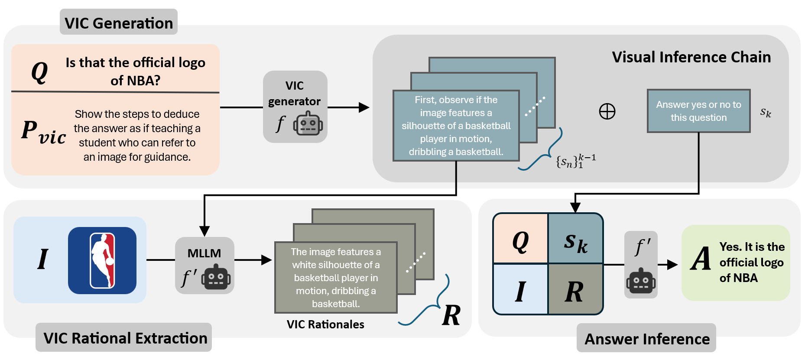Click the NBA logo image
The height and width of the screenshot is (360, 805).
(x=102, y=260)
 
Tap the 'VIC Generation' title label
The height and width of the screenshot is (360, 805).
(x=119, y=23)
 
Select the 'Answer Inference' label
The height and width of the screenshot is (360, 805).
(x=647, y=339)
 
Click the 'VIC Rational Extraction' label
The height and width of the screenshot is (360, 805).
(x=125, y=338)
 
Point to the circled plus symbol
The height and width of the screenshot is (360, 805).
(x=607, y=111)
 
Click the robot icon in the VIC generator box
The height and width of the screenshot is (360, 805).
(x=308, y=124)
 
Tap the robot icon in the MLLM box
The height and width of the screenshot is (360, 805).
(x=216, y=277)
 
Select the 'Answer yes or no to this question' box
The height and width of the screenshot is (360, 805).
(x=698, y=111)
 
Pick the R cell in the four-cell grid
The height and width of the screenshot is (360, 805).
(x=575, y=291)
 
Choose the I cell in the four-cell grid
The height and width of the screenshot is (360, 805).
(x=520, y=291)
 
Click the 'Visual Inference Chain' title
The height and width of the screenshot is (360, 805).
(x=691, y=57)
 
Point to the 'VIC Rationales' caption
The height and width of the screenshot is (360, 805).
(x=325, y=324)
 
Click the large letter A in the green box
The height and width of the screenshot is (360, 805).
(x=701, y=259)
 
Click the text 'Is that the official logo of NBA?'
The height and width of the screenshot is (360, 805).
(x=135, y=71)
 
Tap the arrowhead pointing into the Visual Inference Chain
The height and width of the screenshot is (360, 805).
(x=364, y=107)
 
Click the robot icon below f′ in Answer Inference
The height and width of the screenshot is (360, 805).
(x=641, y=281)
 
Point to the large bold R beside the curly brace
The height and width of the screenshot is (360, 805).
(x=451, y=315)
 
